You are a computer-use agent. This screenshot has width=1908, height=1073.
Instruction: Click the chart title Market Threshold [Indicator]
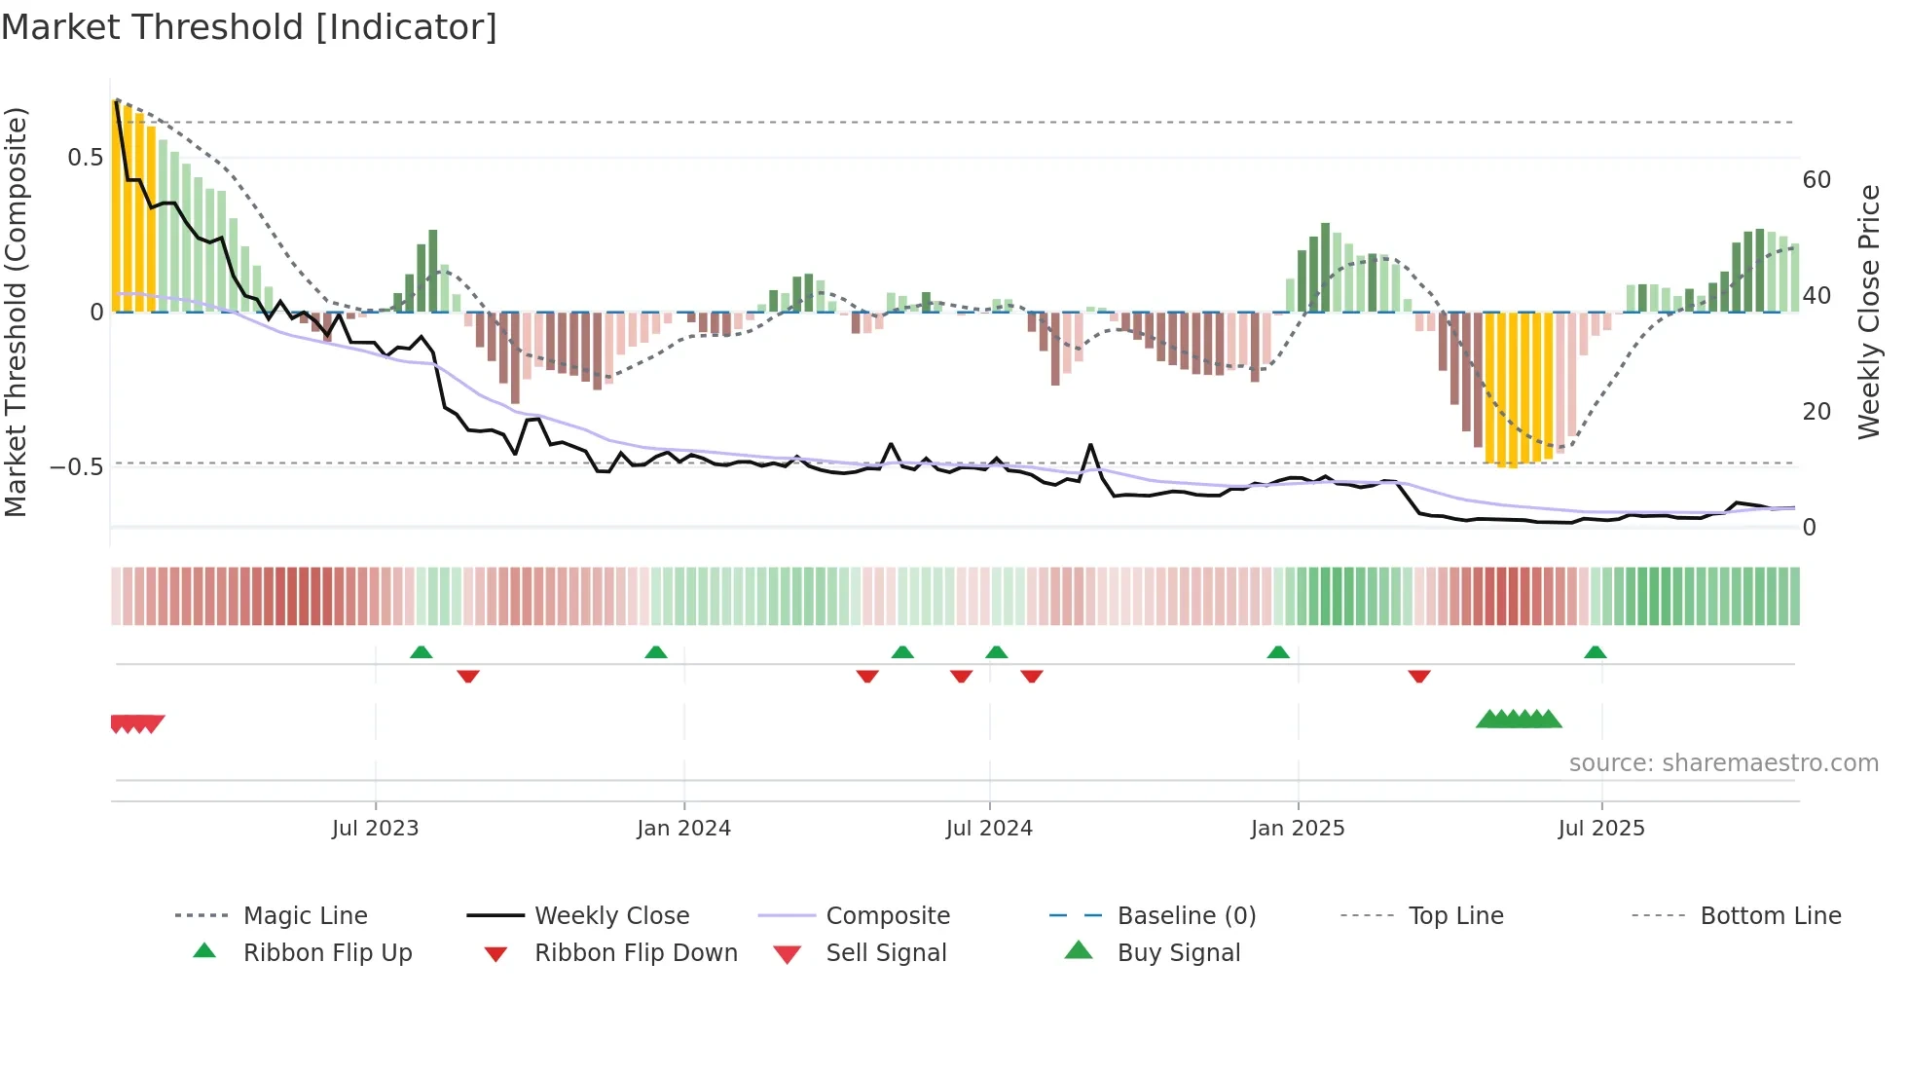click(x=249, y=27)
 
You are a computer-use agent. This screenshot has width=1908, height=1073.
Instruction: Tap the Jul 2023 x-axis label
click(x=375, y=829)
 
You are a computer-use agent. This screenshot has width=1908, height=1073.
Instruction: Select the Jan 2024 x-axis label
click(x=683, y=829)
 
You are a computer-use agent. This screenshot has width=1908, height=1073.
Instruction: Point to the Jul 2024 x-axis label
click(x=989, y=829)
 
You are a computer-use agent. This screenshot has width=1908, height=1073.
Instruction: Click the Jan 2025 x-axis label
click(x=1298, y=829)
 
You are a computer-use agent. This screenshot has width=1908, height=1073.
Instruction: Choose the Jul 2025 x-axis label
click(x=1601, y=829)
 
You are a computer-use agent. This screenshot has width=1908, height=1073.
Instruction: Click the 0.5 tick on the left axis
click(x=85, y=158)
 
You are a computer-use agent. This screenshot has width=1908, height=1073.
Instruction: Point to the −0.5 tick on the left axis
click(x=77, y=467)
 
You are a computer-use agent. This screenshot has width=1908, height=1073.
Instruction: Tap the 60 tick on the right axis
click(x=1816, y=180)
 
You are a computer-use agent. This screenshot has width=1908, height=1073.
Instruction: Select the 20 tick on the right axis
click(x=1816, y=412)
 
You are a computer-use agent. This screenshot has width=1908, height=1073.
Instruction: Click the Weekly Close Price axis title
click(x=1868, y=312)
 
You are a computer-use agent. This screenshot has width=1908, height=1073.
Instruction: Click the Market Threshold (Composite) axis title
click(x=16, y=312)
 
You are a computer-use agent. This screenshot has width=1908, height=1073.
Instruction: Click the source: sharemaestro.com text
click(x=1723, y=763)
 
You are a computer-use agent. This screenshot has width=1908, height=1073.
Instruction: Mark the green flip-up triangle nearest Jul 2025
click(x=1595, y=652)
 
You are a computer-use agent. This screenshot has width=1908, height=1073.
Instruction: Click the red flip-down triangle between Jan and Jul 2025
click(x=1418, y=676)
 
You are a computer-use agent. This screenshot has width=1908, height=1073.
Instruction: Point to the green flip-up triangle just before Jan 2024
click(x=656, y=652)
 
